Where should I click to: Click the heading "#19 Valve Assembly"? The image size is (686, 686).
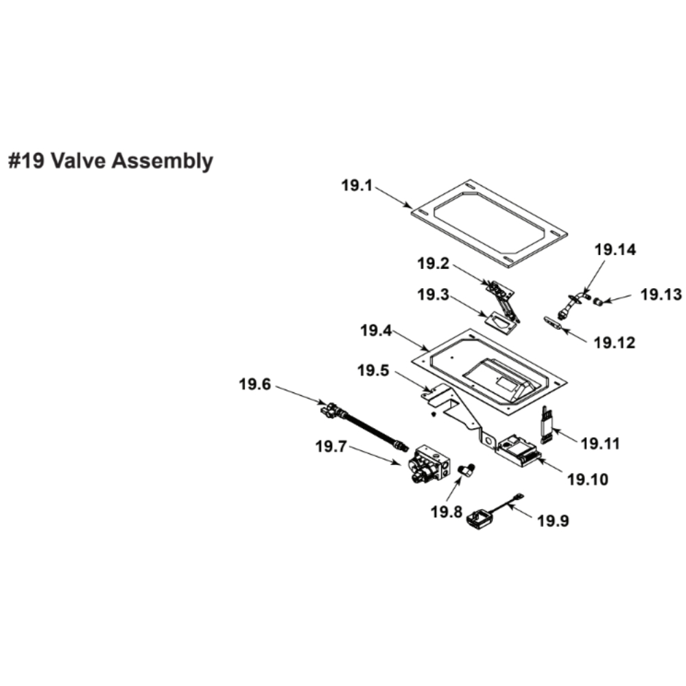pos(110,161)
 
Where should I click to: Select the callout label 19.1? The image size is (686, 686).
pos(357,185)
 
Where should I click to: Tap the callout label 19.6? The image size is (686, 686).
pos(255,385)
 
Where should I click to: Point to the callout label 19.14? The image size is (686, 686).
pos(615,250)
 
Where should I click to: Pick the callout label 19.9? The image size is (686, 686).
pos(553,521)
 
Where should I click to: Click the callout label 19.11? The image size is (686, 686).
pos(600,444)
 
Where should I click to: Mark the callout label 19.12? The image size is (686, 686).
pos(615,341)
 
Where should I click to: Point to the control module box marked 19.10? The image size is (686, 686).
pos(519,449)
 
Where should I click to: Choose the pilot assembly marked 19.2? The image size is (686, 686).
pos(504,298)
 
